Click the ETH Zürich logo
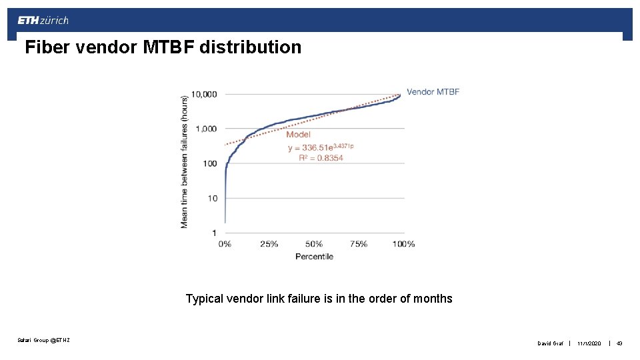point(43,21)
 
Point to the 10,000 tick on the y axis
point(204,94)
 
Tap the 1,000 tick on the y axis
point(205,129)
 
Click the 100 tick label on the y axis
point(209,163)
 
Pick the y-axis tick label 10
point(212,198)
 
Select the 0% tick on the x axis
point(225,244)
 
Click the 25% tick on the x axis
point(269,244)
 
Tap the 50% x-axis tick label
point(314,244)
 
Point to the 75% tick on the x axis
point(359,244)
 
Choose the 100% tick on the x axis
point(403,244)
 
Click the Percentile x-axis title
point(314,257)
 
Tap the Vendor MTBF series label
point(433,92)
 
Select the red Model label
point(298,135)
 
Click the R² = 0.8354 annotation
point(315,158)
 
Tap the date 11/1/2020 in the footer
point(590,343)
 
